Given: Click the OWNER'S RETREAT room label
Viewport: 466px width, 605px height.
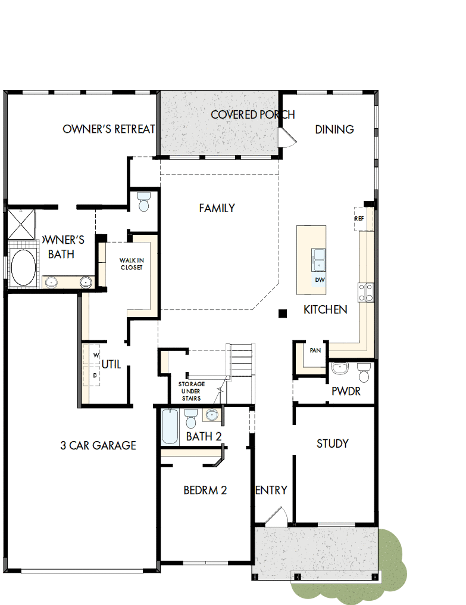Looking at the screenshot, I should tap(109, 129).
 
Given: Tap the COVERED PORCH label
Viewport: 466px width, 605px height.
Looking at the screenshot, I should tap(252, 114).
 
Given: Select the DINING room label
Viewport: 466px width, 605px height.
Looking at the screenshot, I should tap(334, 129).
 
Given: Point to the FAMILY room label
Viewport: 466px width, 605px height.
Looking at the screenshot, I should tap(217, 208).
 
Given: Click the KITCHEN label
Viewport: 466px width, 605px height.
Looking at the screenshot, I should tap(326, 310).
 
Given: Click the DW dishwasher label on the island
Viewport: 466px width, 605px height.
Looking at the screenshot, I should tap(319, 280).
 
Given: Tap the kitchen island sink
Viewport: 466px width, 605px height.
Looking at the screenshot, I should tap(318, 260).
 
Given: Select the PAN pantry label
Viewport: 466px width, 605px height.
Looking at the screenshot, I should tap(315, 350).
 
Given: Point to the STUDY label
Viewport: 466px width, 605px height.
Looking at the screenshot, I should tap(333, 443).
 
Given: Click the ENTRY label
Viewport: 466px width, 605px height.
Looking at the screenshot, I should tap(271, 491).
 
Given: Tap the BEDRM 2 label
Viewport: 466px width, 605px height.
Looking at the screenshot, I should tap(205, 491).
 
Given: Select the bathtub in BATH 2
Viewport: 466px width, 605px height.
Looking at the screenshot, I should tap(170, 427).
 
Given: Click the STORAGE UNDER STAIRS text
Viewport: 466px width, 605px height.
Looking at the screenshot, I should tap(192, 391).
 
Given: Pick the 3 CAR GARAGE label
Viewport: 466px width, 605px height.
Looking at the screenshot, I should tap(98, 445).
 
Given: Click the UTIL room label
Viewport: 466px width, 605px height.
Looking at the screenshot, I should tap(111, 364).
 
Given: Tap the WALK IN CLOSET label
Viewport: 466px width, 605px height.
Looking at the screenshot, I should tap(132, 264).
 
